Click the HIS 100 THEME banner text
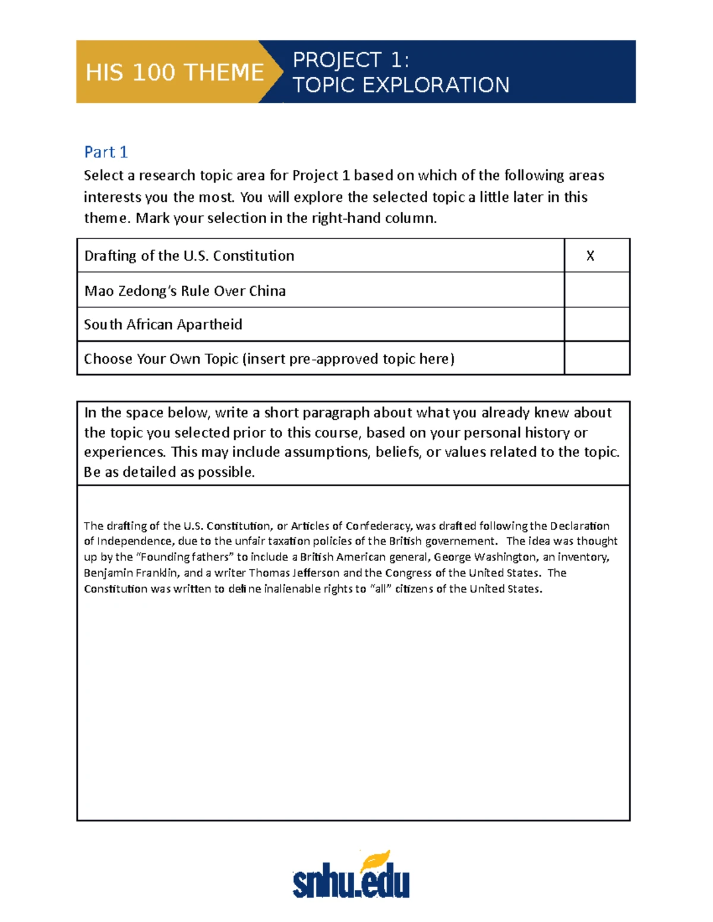[174, 72]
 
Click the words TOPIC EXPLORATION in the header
[400, 85]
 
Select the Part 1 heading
[106, 152]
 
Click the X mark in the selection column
[590, 255]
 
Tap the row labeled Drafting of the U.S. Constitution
[189, 255]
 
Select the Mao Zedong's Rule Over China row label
[185, 290]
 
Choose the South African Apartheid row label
[163, 324]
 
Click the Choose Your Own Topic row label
[269, 359]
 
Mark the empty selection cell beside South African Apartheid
[597, 324]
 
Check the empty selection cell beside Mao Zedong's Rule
[597, 290]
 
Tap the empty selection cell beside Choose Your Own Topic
[597, 358]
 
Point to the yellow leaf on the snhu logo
[376, 859]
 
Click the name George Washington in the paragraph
[484, 557]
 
